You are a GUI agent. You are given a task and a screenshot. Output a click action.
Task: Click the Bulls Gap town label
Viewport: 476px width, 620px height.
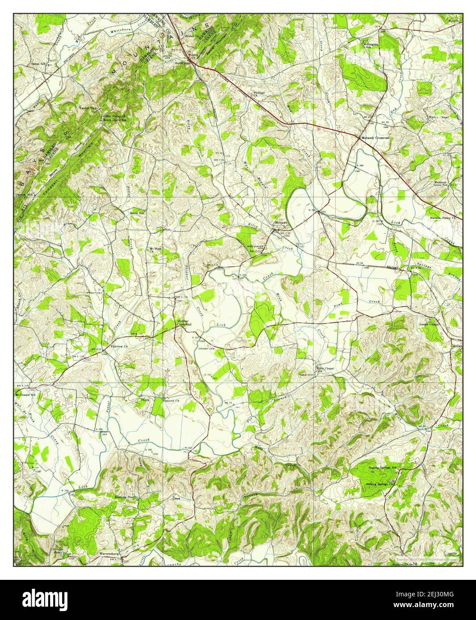pos(183,63)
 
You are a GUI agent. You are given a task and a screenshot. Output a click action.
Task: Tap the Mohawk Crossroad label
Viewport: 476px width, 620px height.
pos(376,138)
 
